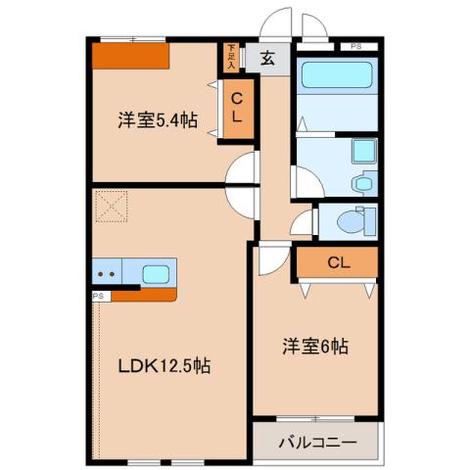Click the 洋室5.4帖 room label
click(x=158, y=120)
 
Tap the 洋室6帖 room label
click(x=316, y=346)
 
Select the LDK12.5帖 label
click(x=164, y=366)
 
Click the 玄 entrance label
click(x=267, y=56)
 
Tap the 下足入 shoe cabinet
click(x=231, y=57)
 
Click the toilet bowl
click(x=346, y=221)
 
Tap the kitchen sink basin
click(x=157, y=273)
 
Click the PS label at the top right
click(x=354, y=45)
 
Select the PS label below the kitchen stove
click(x=98, y=295)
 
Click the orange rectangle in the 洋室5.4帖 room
click(x=131, y=56)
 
